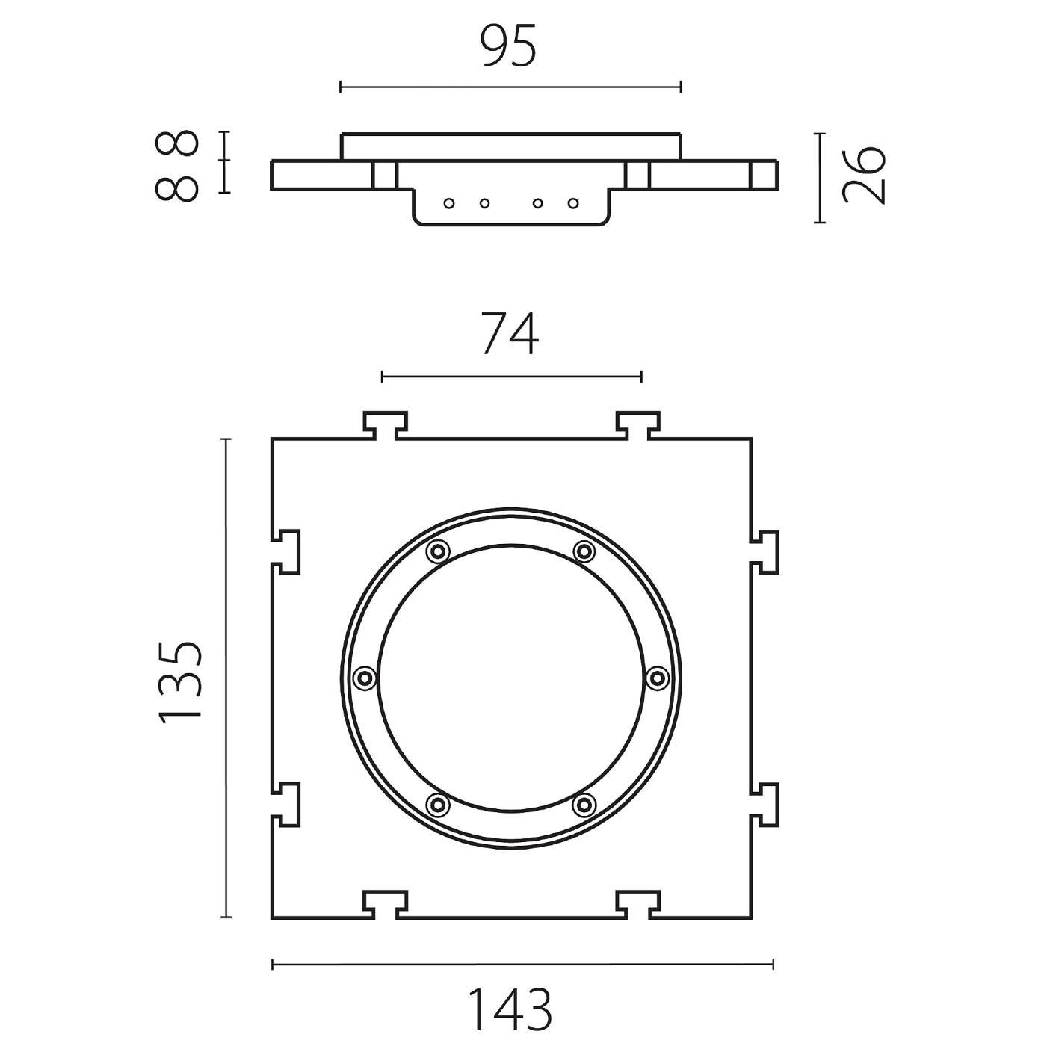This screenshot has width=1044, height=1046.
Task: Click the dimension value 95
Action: click(510, 46)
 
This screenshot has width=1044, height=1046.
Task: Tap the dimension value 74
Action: click(510, 333)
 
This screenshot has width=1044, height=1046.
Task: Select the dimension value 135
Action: click(180, 682)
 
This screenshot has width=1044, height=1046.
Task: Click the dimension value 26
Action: click(864, 175)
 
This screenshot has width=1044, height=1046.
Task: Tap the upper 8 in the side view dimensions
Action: click(176, 143)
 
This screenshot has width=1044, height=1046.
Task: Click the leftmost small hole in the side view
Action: click(448, 203)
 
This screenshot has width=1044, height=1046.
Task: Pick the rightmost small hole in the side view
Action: click(572, 203)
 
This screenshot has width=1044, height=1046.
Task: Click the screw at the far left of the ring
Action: click(365, 678)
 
